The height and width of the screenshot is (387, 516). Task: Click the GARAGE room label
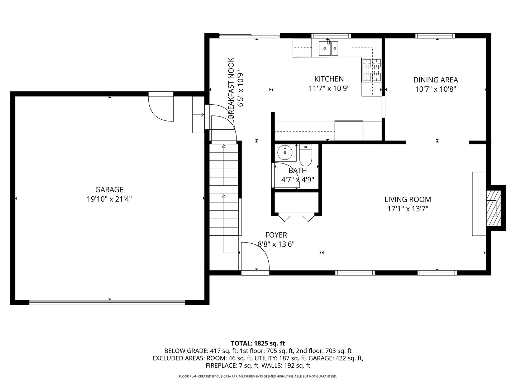(x=109, y=190)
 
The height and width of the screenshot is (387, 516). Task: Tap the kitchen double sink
(x=328, y=48)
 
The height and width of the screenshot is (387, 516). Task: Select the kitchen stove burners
(x=372, y=70)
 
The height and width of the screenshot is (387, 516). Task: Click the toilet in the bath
(x=305, y=155)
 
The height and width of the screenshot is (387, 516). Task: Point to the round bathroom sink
(x=285, y=153)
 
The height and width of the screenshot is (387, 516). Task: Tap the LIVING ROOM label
(x=408, y=199)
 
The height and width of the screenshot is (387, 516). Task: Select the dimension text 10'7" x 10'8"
(x=436, y=89)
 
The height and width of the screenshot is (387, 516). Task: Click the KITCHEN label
(x=329, y=79)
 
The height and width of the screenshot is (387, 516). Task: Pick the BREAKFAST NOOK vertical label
(x=231, y=88)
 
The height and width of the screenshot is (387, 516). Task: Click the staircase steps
(x=224, y=190)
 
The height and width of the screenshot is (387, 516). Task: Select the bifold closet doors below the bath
(x=296, y=217)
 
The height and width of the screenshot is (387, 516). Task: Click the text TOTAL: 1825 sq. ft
(x=258, y=343)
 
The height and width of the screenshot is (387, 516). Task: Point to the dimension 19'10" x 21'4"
(x=109, y=199)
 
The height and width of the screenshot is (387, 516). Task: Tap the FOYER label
(x=276, y=235)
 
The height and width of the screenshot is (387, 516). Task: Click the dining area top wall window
(x=435, y=36)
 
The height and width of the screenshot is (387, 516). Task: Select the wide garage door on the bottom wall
(x=107, y=303)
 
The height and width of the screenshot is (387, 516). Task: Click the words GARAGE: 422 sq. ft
(x=336, y=358)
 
